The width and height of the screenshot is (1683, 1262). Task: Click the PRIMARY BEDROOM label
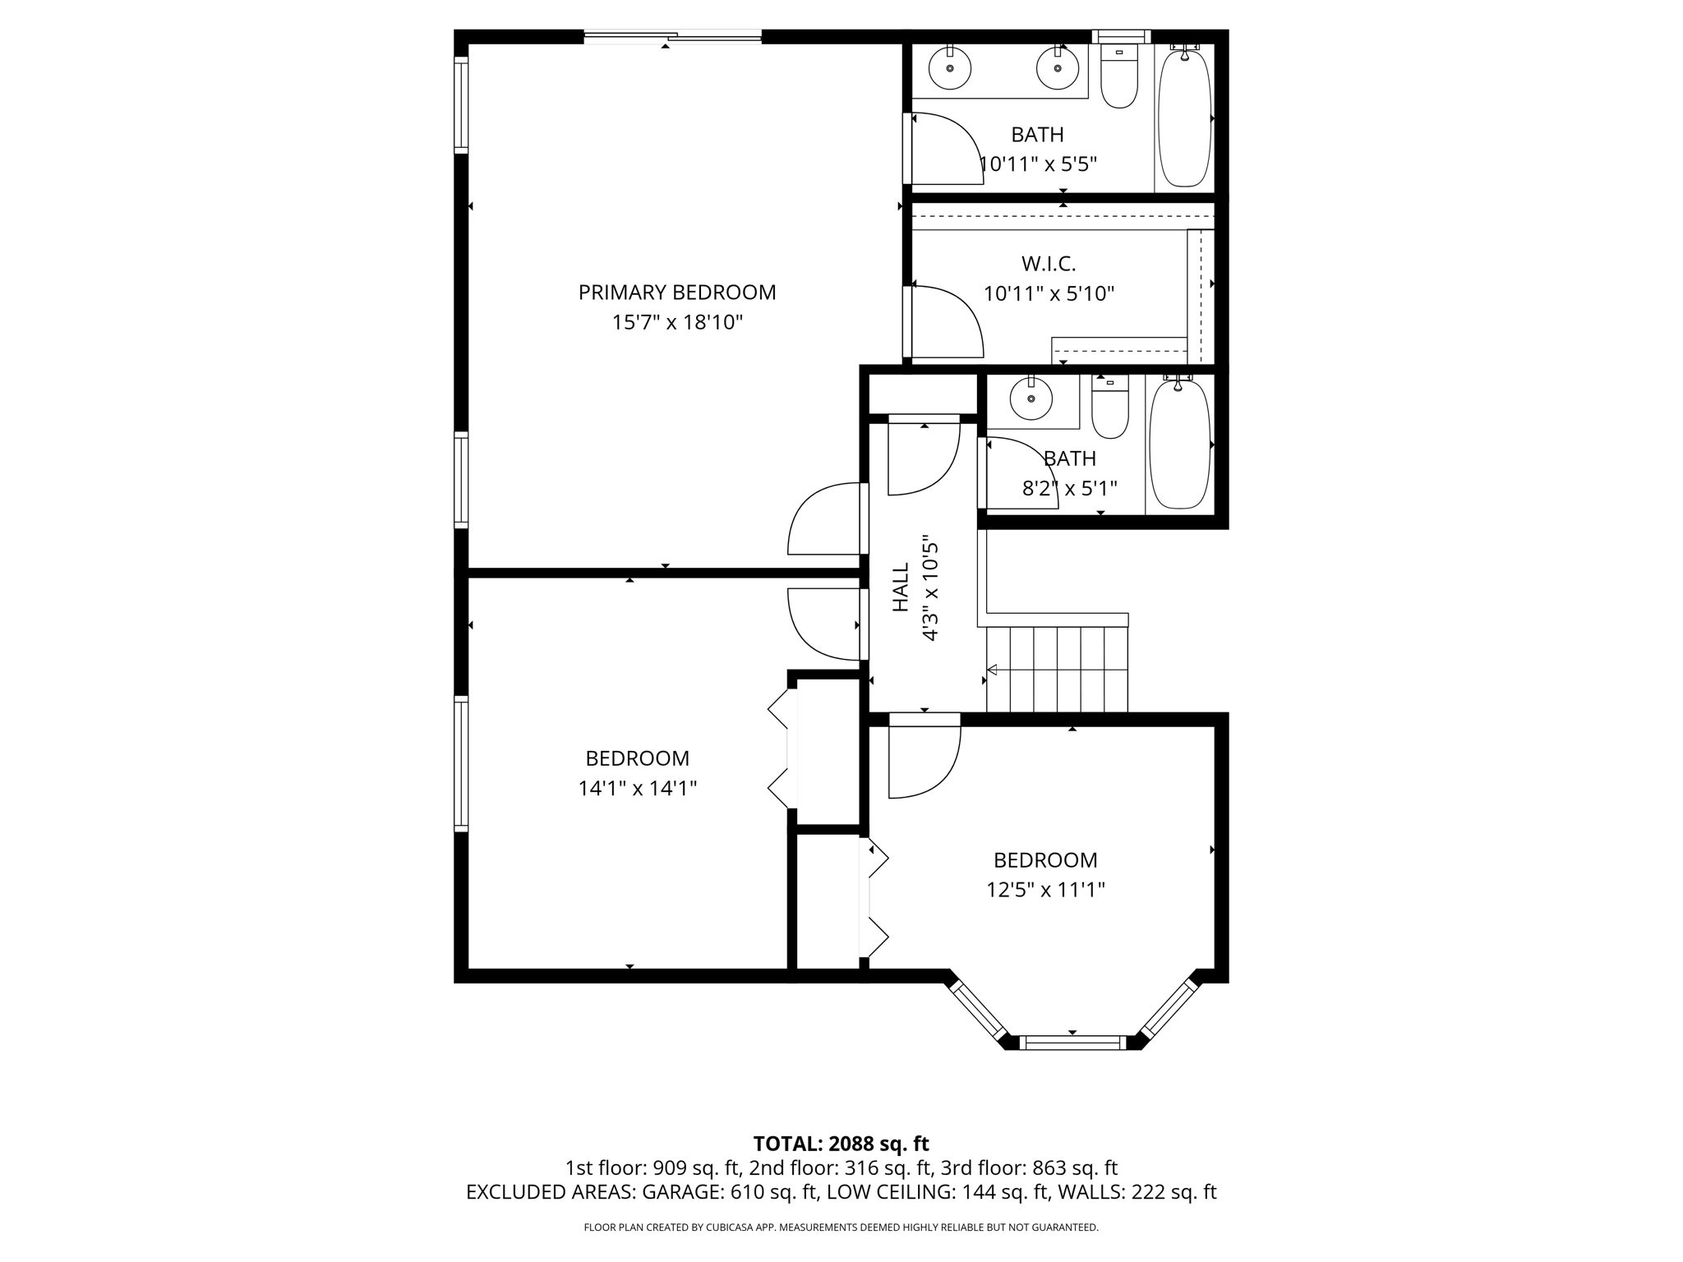(676, 292)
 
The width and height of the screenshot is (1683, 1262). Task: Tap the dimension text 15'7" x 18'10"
(676, 322)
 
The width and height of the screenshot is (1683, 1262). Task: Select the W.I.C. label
(1049, 264)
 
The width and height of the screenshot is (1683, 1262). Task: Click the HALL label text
(901, 587)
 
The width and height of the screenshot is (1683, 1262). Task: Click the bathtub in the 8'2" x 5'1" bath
(1179, 444)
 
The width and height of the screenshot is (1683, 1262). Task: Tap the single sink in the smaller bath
(1031, 400)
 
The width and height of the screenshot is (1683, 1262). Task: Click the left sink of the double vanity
(949, 69)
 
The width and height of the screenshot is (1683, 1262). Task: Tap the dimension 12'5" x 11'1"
(1045, 890)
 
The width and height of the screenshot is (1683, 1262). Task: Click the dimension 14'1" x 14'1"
(637, 789)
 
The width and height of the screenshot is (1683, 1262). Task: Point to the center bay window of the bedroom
(1072, 1043)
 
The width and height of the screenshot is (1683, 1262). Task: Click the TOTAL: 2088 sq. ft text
(841, 1144)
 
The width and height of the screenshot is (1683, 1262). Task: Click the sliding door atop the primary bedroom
(672, 35)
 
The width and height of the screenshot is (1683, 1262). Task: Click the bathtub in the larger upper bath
(1184, 117)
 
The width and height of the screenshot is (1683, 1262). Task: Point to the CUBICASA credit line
(841, 1227)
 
